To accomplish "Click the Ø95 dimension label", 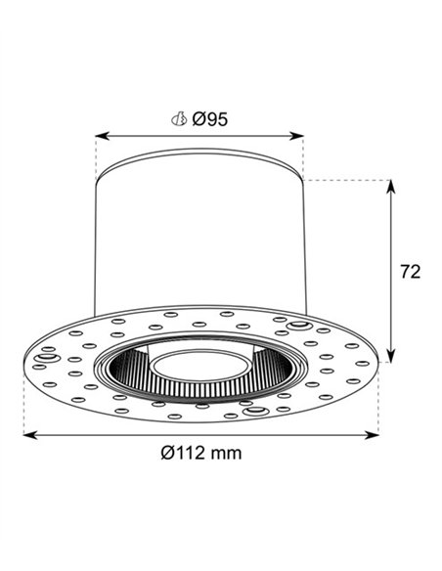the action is pyautogui.click(x=209, y=119).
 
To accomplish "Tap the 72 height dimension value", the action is pyautogui.click(x=411, y=271).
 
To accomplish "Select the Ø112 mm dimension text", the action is pyautogui.click(x=201, y=453).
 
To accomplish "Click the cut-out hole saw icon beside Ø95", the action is pyautogui.click(x=179, y=118).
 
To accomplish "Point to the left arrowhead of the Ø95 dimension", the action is pyautogui.click(x=103, y=136).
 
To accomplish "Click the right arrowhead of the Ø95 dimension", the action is pyautogui.click(x=296, y=136).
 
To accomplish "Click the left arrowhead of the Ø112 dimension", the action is pyautogui.click(x=30, y=435).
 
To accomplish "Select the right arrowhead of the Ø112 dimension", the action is pyautogui.click(x=372, y=435).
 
